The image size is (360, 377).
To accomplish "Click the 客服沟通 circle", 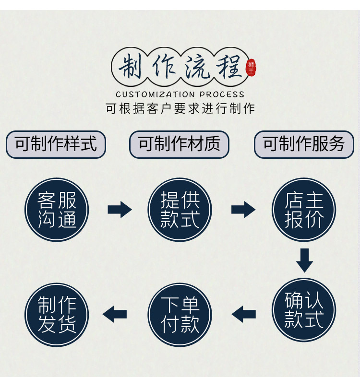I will click(x=57, y=210).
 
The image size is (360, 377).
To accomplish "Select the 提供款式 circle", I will click(x=180, y=210).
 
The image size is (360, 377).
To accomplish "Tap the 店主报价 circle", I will click(x=304, y=210).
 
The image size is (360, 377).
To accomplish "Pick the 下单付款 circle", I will click(x=180, y=314).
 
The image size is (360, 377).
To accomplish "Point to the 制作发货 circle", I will click(x=57, y=314).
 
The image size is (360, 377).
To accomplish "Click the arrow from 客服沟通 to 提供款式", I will click(x=119, y=210).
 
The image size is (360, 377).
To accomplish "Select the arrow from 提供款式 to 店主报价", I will click(x=243, y=210).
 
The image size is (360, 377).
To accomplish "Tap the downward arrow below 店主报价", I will click(x=304, y=259).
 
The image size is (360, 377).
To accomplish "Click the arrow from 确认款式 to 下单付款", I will click(x=243, y=315).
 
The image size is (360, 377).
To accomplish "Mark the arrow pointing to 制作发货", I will click(x=115, y=315).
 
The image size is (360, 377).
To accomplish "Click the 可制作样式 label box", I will click(x=56, y=144).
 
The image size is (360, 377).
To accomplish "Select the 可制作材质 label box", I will click(x=179, y=144).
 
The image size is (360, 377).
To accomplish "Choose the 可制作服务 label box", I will click(x=304, y=144).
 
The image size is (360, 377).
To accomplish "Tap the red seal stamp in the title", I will click(x=251, y=68).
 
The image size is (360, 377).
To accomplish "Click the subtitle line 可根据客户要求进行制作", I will click(x=180, y=108).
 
